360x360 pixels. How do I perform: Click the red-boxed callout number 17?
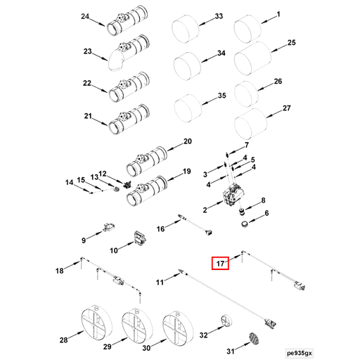pyautogui.click(x=221, y=264)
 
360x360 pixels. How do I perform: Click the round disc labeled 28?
pyautogui.click(x=93, y=324)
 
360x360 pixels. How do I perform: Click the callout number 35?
pyautogui.click(x=221, y=96)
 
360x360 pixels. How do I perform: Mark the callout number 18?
pyautogui.click(x=60, y=270)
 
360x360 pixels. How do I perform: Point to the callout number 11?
pyautogui.click(x=160, y=282)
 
